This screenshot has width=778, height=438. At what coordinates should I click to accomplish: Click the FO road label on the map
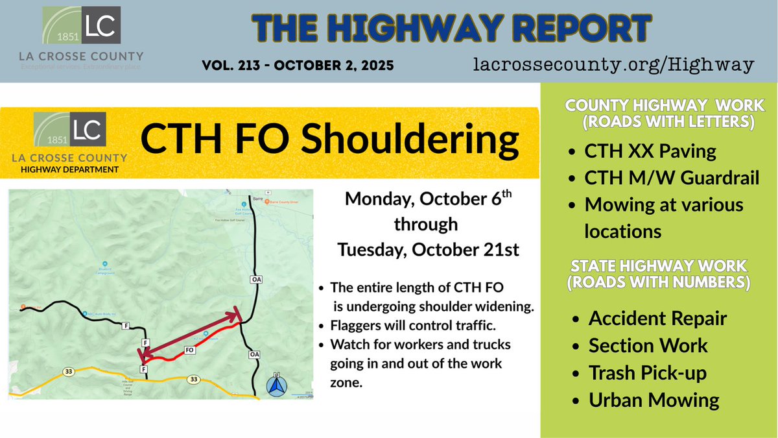(x=190, y=350)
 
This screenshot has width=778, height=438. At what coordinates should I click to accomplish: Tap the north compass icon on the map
(x=277, y=385)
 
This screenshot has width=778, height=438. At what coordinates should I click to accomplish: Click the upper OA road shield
(x=255, y=280)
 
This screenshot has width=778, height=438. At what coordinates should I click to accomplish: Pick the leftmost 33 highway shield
(x=69, y=372)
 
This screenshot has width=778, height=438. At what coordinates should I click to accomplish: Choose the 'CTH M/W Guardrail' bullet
(x=671, y=178)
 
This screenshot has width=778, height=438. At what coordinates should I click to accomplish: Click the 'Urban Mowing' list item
(x=654, y=400)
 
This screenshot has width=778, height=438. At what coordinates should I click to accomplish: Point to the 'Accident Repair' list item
(x=657, y=319)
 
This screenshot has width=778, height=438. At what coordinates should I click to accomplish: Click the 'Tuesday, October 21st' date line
(x=428, y=250)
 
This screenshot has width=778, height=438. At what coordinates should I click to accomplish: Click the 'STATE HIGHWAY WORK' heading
(x=659, y=265)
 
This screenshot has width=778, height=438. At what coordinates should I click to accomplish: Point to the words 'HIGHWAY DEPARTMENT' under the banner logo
(x=70, y=169)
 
